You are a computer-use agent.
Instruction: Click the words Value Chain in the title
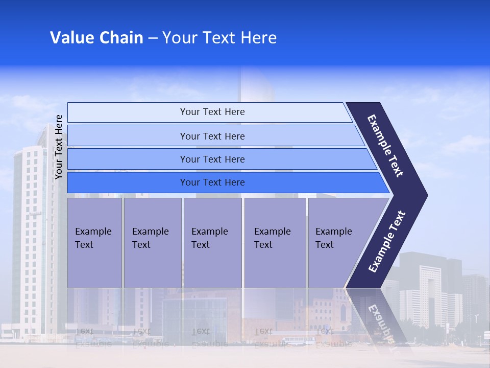(96, 38)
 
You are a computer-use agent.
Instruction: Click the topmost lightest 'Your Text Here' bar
(212, 112)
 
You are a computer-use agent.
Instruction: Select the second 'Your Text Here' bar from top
(212, 136)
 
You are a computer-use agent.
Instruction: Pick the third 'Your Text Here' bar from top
(212, 159)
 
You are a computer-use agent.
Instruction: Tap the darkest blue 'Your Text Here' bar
(212, 182)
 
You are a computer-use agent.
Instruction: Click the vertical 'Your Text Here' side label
(59, 147)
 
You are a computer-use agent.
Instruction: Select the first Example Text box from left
(94, 242)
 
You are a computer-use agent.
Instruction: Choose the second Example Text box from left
(152, 242)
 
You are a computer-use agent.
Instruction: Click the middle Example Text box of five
(212, 242)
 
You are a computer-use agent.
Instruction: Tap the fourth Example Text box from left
(275, 242)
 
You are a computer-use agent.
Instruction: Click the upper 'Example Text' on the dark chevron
(386, 146)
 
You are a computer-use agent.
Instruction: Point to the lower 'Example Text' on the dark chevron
(387, 241)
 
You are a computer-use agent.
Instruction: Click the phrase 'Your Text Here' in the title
(219, 38)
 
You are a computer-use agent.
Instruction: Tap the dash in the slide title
(153, 38)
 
